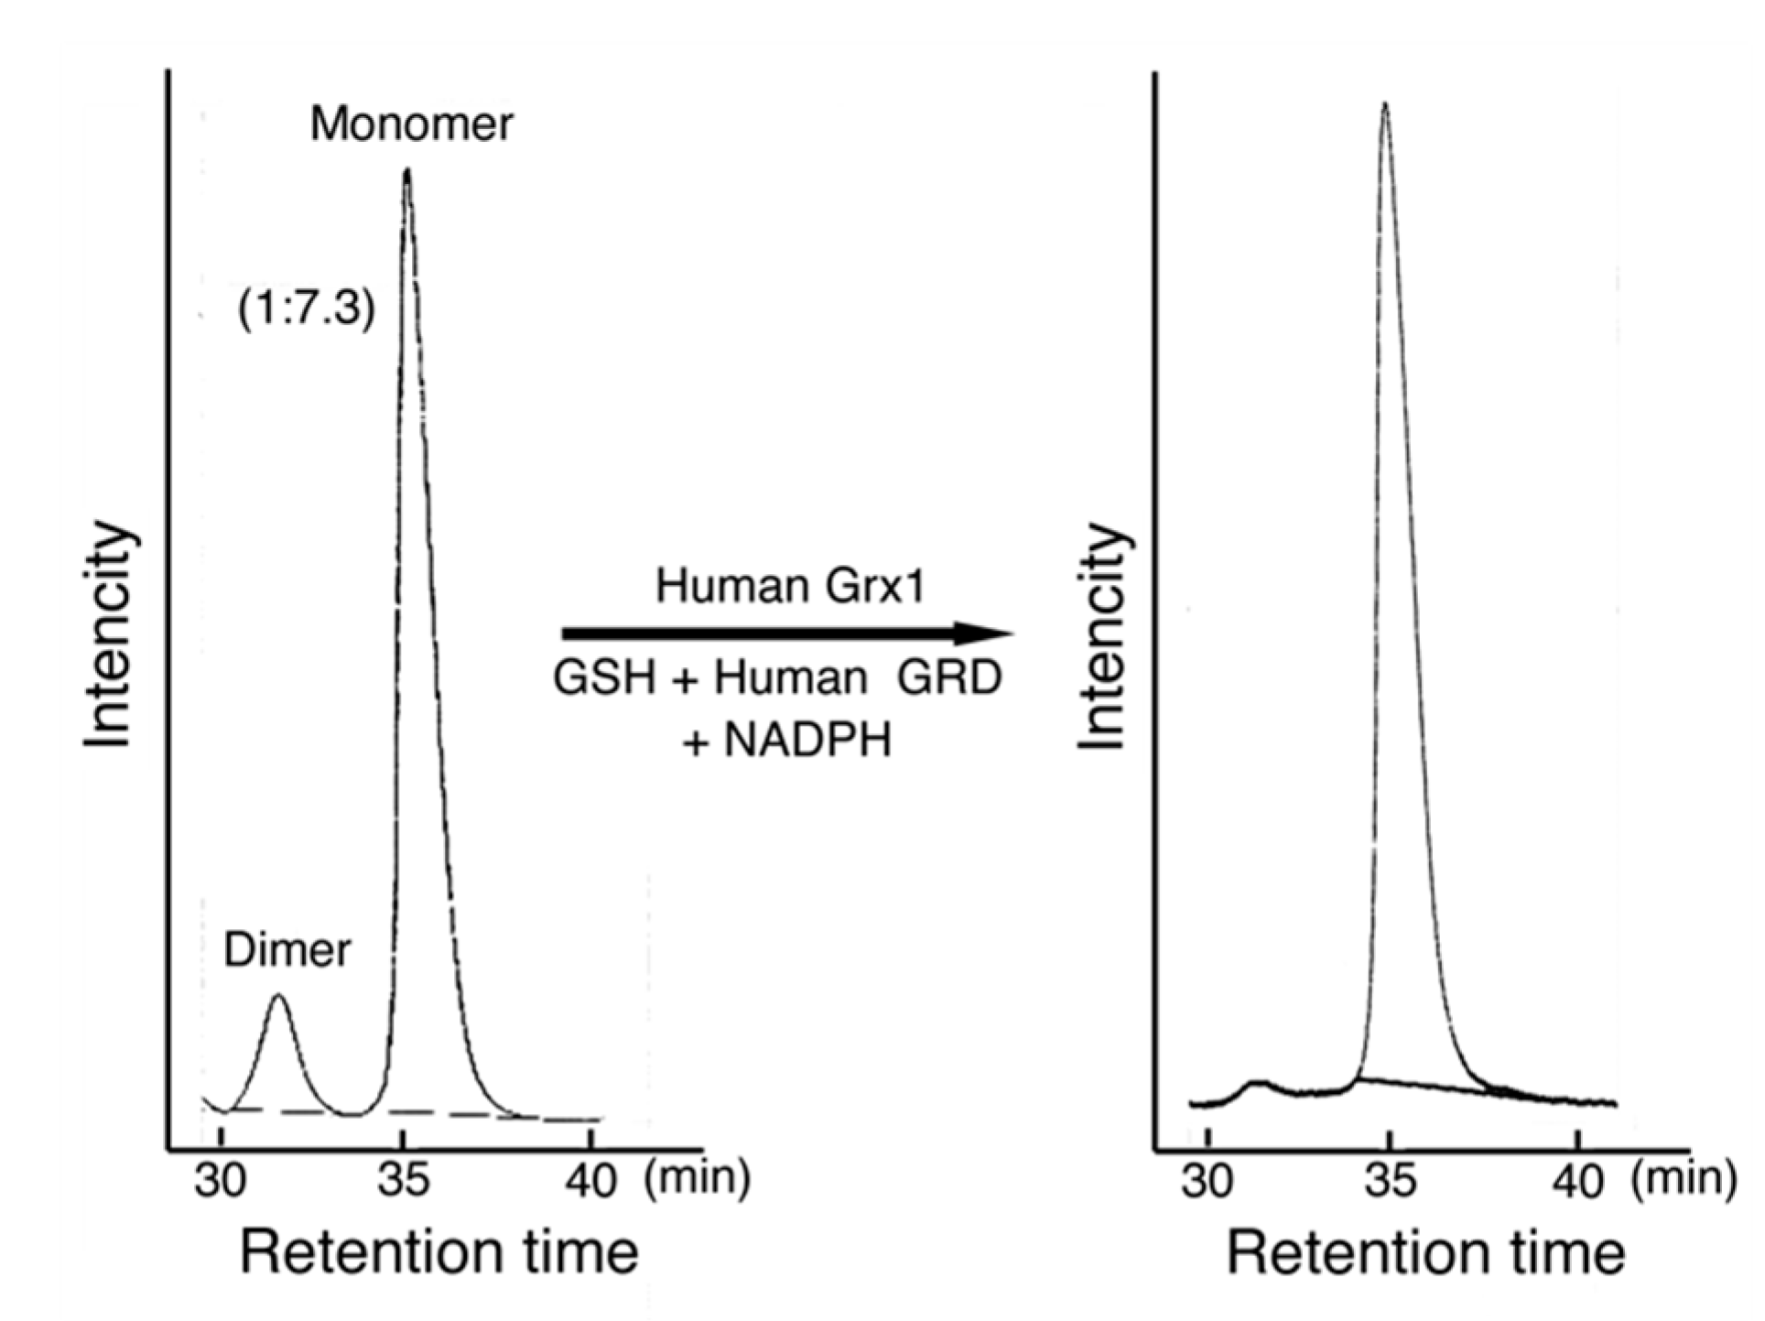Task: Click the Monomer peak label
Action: coord(411,124)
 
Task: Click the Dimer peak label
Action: coord(287,951)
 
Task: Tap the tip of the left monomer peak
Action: coord(406,170)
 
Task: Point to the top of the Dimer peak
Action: coord(279,996)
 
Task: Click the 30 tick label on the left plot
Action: coord(221,1180)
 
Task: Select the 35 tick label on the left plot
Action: coord(403,1180)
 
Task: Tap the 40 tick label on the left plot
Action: coord(590,1180)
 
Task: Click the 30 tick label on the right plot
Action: coord(1207,1180)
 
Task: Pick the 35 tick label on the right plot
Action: coord(1390,1180)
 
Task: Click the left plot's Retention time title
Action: coord(439,1253)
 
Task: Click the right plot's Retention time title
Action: coord(1425,1253)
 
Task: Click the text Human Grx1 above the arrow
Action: coord(790,586)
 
